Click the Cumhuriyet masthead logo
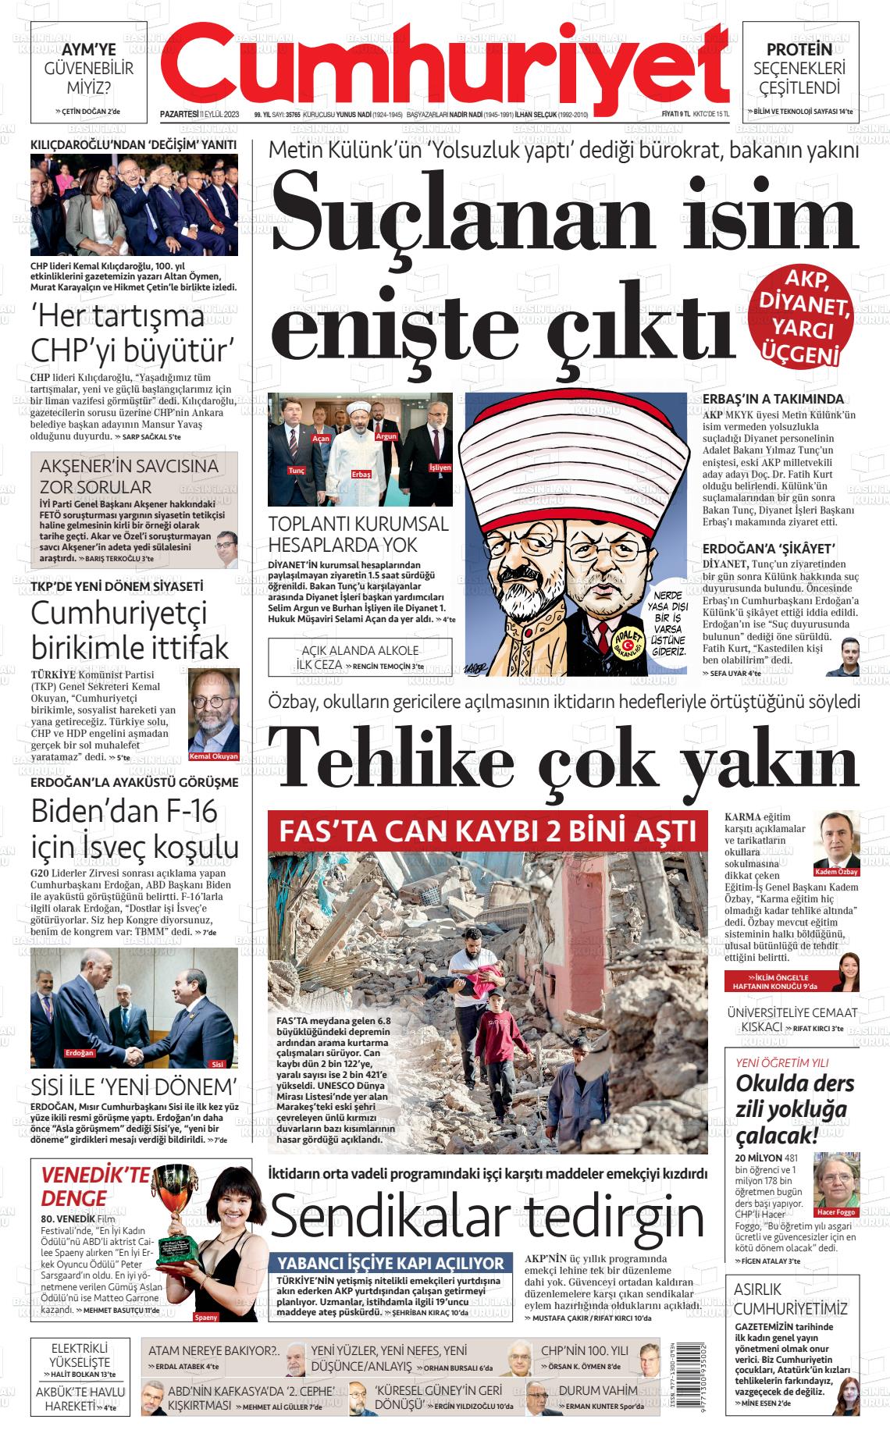tap(449, 66)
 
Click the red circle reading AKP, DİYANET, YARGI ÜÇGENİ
tap(806, 316)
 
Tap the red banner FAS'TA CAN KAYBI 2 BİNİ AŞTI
tap(487, 830)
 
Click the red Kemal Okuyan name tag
tap(214, 756)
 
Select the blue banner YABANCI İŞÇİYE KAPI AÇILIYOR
tap(391, 1263)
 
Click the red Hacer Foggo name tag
tap(835, 1212)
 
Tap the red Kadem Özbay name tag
tap(836, 872)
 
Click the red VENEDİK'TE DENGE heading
tap(84, 1186)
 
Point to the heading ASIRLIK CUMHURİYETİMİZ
tap(790, 1299)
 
